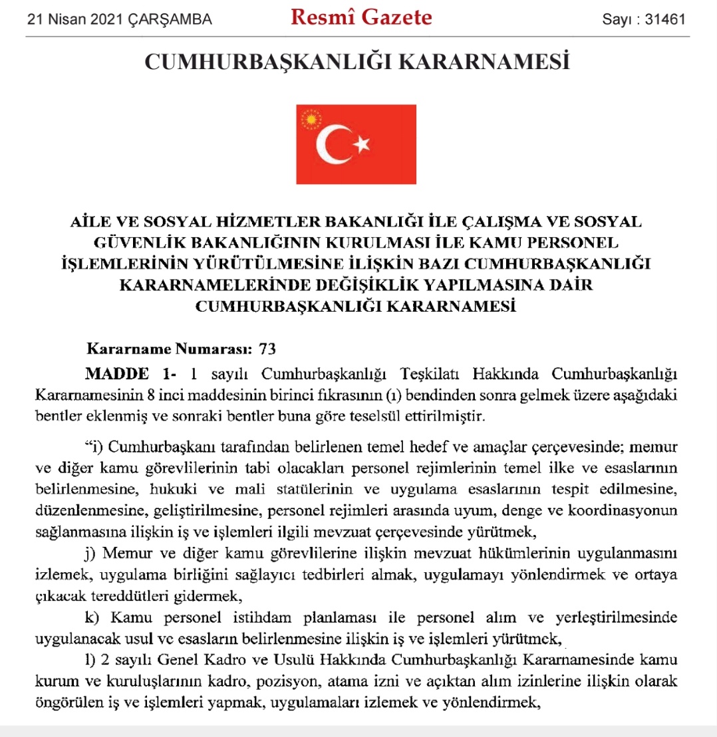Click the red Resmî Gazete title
click(x=362, y=18)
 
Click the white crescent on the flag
click(x=331, y=144)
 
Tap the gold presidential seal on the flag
click(x=311, y=120)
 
